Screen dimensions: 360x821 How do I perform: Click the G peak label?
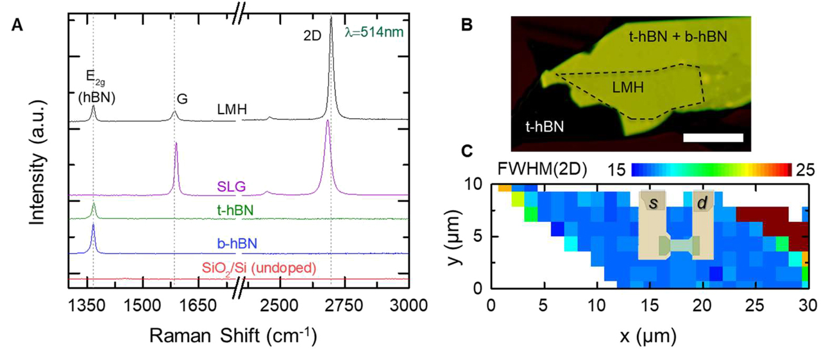[182, 99]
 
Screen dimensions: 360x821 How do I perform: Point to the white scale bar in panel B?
[713, 137]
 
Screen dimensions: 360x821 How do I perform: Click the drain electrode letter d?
[702, 203]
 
